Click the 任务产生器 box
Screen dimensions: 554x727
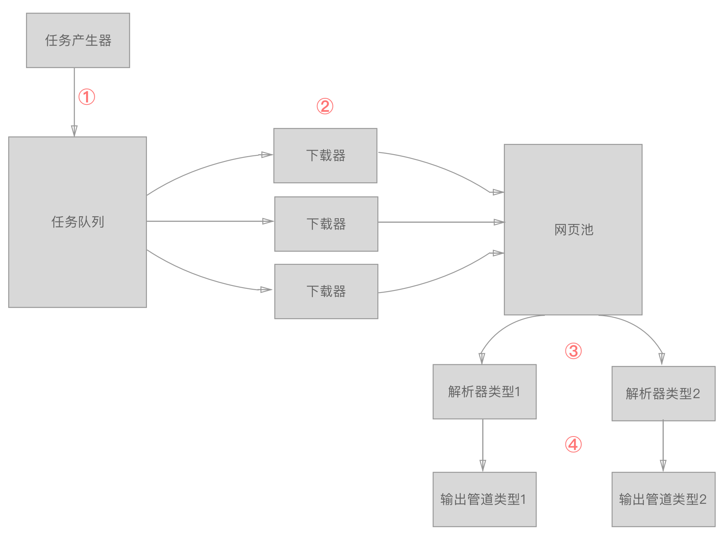(78, 40)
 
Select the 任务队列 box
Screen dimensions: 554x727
(78, 222)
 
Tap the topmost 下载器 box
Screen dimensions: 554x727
(325, 155)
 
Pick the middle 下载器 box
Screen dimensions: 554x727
(326, 224)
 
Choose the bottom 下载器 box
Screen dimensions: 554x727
(326, 291)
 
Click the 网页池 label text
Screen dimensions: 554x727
(574, 230)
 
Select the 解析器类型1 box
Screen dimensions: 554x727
(484, 392)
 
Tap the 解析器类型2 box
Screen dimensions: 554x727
(663, 393)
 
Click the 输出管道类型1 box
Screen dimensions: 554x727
(484, 499)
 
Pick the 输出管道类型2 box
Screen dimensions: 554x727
(663, 499)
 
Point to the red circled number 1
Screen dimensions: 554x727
(86, 97)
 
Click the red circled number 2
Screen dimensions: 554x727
(325, 106)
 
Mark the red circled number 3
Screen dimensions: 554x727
(573, 351)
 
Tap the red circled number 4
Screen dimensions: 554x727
(573, 444)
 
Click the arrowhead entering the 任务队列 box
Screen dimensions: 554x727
(74, 131)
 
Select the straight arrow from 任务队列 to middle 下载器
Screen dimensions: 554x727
(208, 221)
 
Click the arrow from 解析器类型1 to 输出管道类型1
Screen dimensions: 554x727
(483, 445)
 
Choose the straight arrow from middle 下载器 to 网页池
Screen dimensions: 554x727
(441, 222)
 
